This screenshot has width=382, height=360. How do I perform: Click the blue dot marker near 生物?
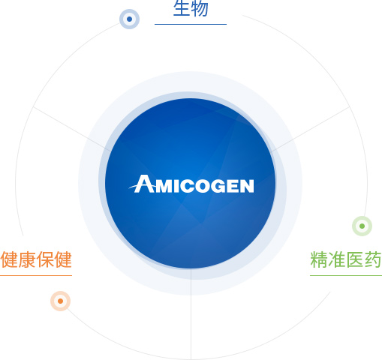129,19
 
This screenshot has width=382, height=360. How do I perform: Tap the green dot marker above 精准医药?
362,226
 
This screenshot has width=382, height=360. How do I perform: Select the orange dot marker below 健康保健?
60,301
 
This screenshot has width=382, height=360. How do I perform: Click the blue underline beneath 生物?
191,25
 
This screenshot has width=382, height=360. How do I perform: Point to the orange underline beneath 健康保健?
36,276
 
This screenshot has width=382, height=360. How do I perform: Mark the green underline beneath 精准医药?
346,276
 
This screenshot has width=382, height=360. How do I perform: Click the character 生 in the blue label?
182,8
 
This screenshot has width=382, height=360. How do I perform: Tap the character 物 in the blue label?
200,8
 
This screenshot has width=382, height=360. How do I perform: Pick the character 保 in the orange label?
45,259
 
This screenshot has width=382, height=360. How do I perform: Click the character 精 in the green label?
319,259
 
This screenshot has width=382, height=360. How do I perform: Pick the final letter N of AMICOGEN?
247,186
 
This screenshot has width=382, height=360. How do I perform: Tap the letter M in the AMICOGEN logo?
164,186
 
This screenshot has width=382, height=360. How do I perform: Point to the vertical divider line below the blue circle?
191,314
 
